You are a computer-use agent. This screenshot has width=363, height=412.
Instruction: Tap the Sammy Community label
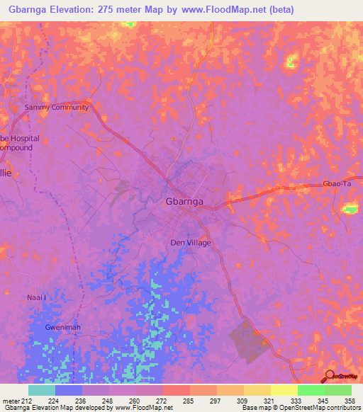pyautogui.click(x=56, y=108)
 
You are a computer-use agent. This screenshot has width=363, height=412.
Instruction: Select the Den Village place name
pyautogui.click(x=191, y=242)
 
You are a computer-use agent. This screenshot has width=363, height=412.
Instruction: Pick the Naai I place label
pyautogui.click(x=36, y=297)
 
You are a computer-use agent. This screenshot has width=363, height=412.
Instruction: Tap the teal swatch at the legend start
pyautogui.click(x=42, y=390)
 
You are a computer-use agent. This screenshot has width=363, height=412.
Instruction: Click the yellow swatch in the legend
pyautogui.click(x=284, y=390)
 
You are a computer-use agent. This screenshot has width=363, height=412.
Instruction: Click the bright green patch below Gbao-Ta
pyautogui.click(x=350, y=209)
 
